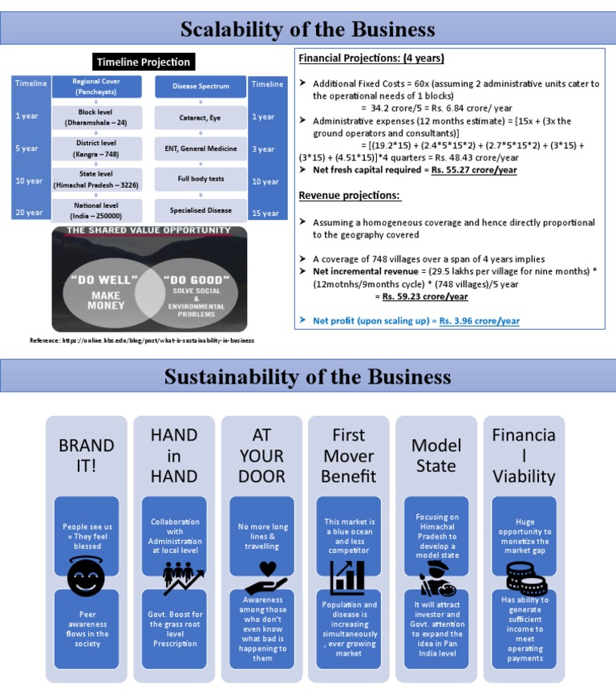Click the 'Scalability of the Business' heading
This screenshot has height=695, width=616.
click(308, 30)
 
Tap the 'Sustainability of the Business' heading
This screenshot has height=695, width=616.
click(308, 376)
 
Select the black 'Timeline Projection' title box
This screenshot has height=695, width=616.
click(144, 62)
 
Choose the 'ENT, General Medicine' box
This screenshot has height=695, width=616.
click(201, 148)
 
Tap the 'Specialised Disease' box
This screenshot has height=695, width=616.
click(201, 210)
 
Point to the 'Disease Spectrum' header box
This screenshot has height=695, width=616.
click(201, 86)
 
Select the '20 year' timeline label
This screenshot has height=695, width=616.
click(29, 213)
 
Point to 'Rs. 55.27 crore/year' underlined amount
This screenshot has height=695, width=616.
click(474, 170)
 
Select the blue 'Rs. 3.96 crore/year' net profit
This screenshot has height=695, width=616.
click(478, 321)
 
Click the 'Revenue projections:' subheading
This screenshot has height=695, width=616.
click(350, 196)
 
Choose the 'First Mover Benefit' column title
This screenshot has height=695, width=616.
click(349, 456)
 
